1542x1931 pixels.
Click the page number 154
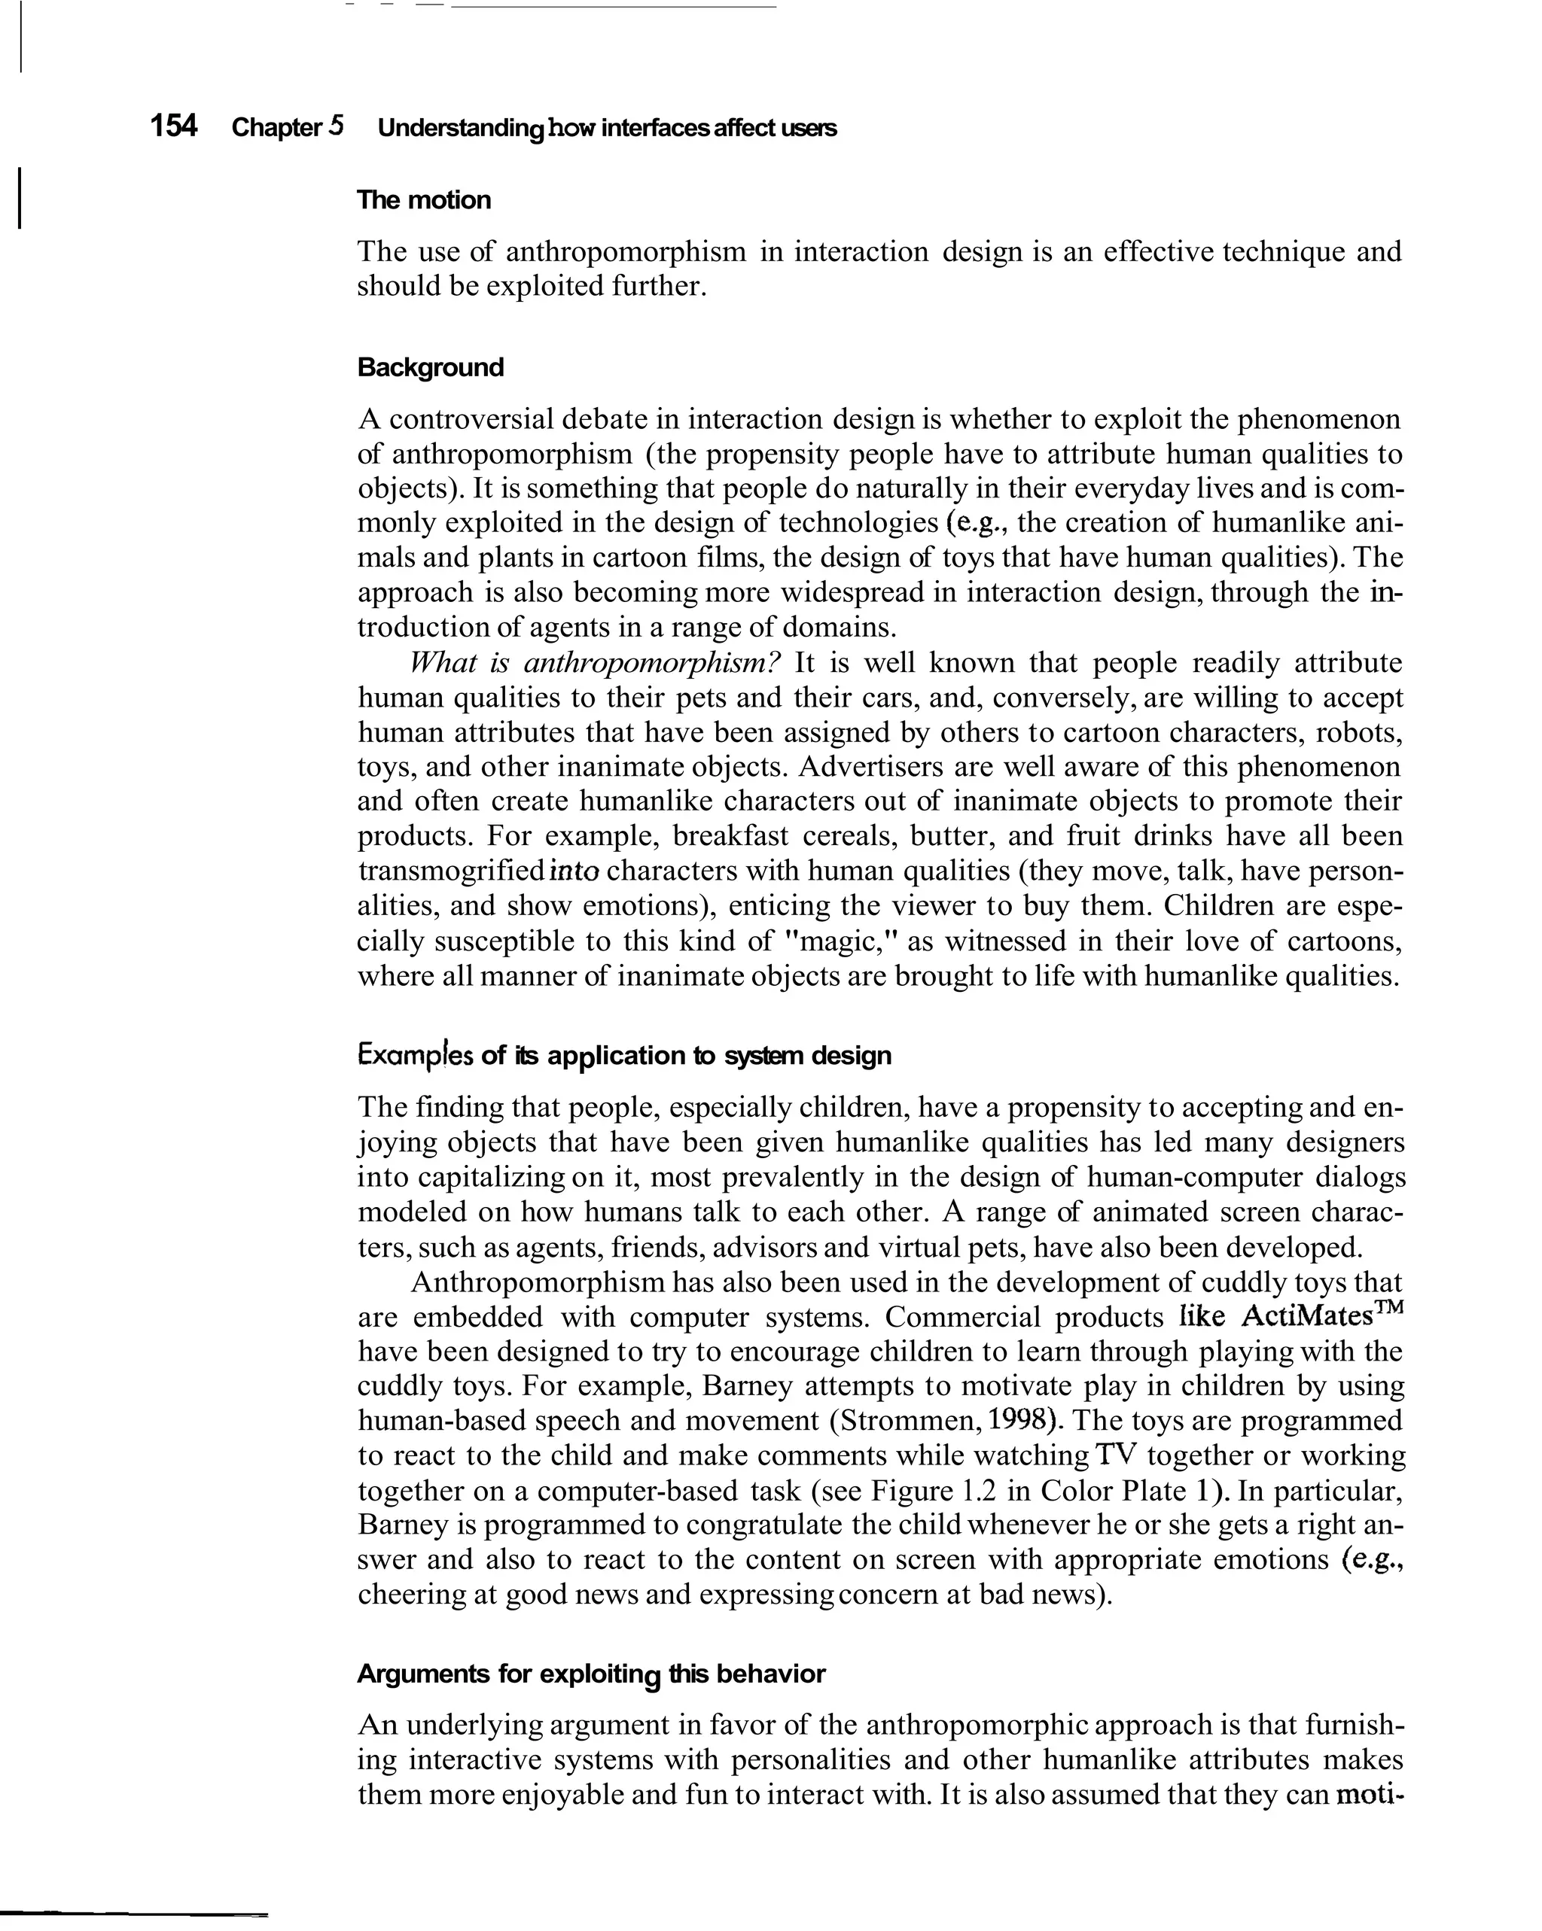coord(173,126)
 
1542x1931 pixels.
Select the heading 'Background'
coord(430,367)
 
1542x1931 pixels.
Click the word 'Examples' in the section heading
coord(415,1055)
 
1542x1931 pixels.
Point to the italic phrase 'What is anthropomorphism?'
coord(595,663)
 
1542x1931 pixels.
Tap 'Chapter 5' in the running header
coord(288,127)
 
